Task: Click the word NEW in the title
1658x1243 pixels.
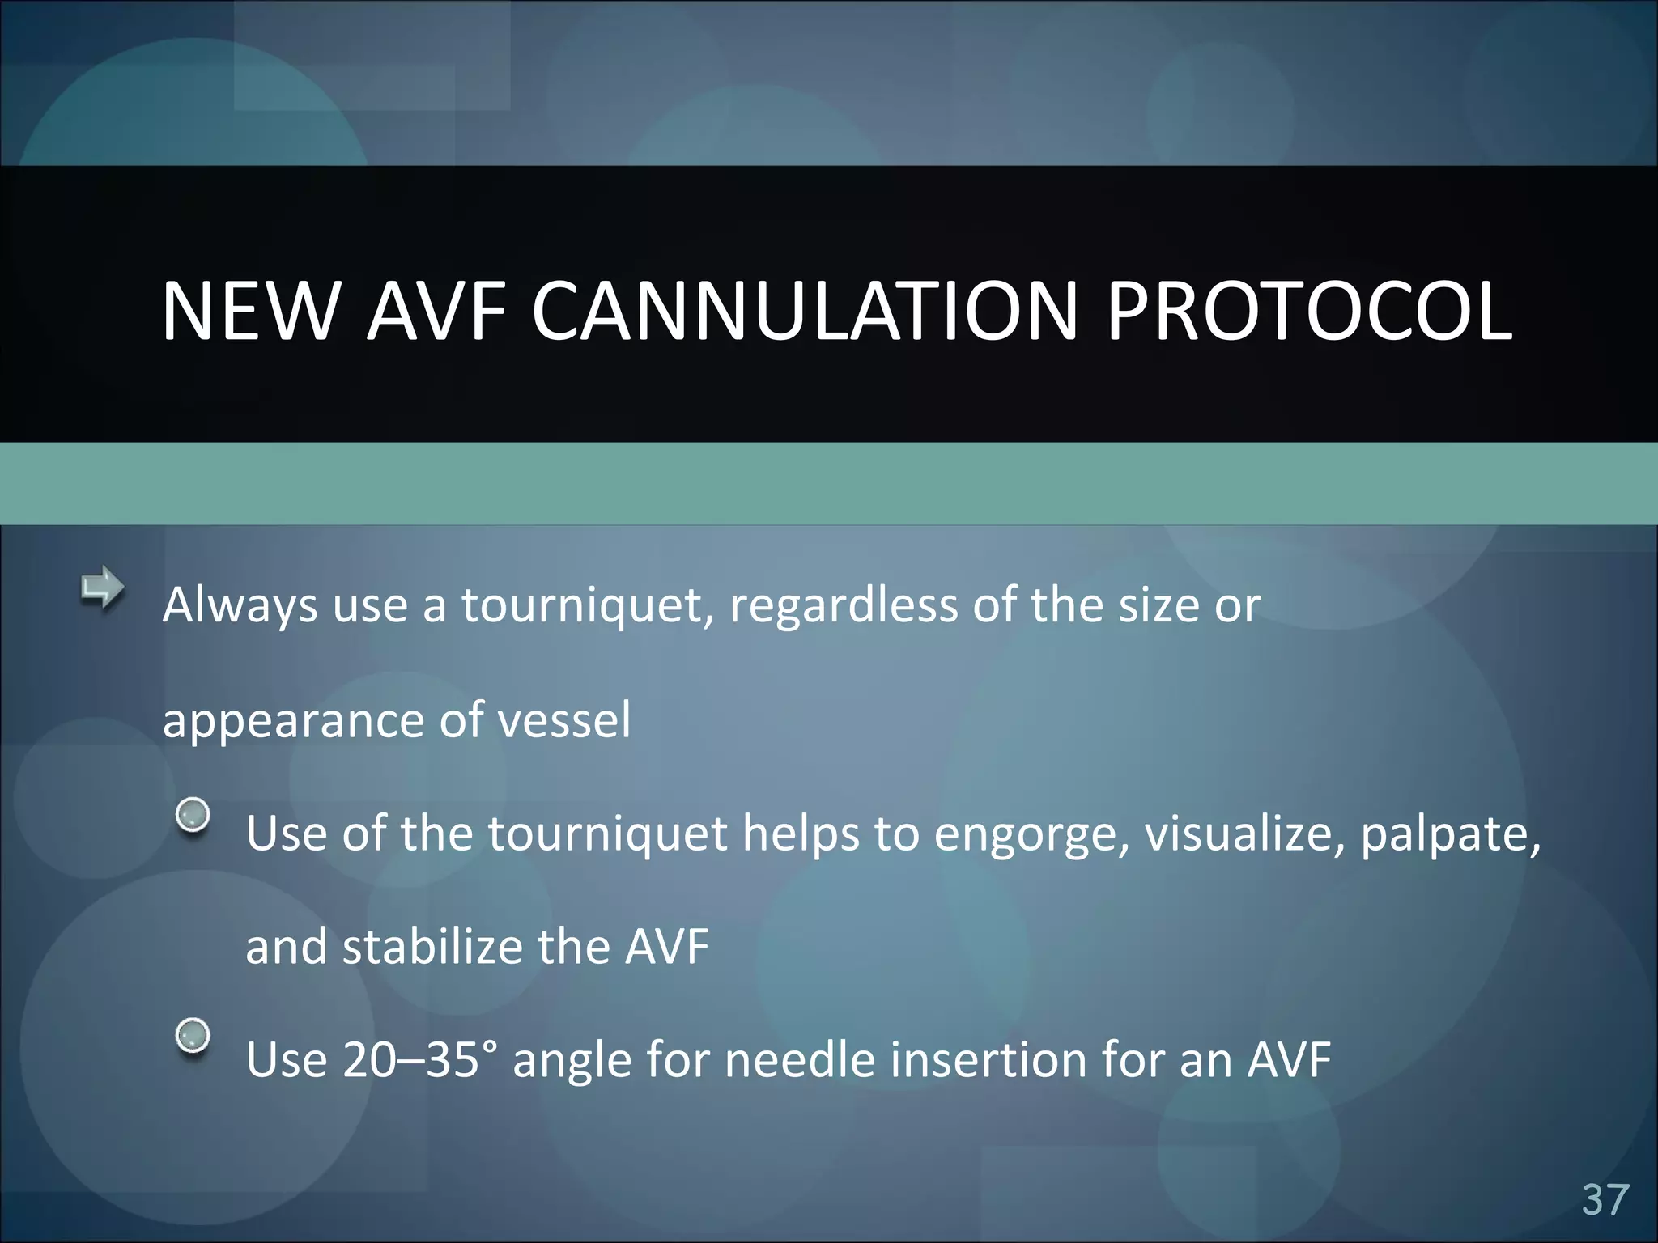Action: point(250,312)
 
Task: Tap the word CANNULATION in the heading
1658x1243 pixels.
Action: point(805,312)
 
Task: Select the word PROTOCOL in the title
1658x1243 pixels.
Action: point(1309,312)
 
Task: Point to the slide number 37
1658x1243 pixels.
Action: point(1605,1199)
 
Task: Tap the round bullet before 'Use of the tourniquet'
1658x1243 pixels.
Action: point(193,815)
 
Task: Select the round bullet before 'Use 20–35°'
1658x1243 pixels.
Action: point(193,1035)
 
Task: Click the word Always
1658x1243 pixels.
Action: point(240,607)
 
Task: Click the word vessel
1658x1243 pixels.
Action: point(563,720)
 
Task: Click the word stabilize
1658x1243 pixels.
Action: point(432,947)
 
